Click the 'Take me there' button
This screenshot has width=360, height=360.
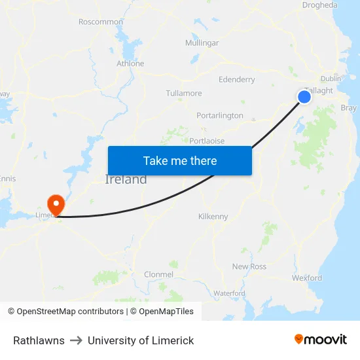click(180, 160)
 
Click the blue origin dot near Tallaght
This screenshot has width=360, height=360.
click(304, 97)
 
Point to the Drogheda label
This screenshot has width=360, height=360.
click(320, 5)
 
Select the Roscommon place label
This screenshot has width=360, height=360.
click(101, 22)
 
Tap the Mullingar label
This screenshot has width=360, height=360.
click(202, 43)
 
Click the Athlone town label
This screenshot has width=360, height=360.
click(130, 63)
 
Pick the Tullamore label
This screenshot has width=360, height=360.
click(184, 94)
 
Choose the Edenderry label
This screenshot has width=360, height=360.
click(237, 80)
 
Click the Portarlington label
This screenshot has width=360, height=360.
click(220, 116)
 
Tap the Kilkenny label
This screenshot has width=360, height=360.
click(213, 217)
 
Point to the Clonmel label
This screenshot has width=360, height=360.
click(159, 275)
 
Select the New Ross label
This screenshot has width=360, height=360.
click(249, 266)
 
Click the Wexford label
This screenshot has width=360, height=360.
click(307, 278)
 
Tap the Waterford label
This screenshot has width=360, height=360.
click(229, 293)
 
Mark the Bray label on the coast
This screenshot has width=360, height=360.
click(349, 108)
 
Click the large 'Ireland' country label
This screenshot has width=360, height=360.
click(126, 179)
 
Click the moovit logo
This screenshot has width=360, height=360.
click(321, 340)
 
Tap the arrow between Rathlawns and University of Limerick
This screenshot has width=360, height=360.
click(76, 340)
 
